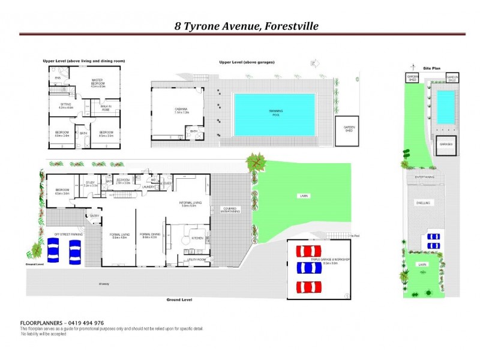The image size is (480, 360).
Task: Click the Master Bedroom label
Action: coord(98,83)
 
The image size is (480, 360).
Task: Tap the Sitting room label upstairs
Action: coord(65,106)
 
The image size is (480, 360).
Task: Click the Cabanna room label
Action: coord(181,110)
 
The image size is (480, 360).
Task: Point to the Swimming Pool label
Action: coord(275,113)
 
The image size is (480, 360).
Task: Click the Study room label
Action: coord(91,184)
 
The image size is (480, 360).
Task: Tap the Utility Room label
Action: coord(197,259)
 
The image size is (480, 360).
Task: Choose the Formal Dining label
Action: coord(149,235)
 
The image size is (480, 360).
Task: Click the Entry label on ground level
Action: coord(95,215)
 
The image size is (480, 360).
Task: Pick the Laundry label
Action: coord(149,187)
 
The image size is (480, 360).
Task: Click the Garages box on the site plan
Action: coord(445,145)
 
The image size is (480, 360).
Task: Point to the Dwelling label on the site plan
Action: coord(423,203)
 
